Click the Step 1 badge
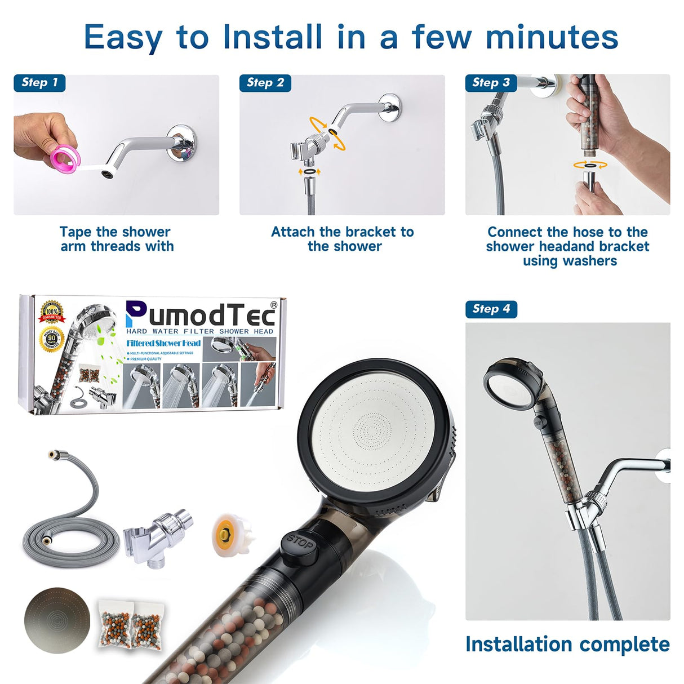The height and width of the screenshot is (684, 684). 39,83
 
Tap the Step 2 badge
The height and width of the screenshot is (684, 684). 265,83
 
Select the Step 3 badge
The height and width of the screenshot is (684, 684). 490,83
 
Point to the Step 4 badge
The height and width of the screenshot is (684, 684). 491,309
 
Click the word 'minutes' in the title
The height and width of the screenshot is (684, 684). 552,37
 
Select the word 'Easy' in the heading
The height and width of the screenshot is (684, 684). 123,37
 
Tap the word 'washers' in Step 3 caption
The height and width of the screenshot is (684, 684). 589,261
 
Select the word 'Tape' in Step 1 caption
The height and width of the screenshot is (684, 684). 76,232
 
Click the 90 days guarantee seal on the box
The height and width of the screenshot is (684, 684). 52,340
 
